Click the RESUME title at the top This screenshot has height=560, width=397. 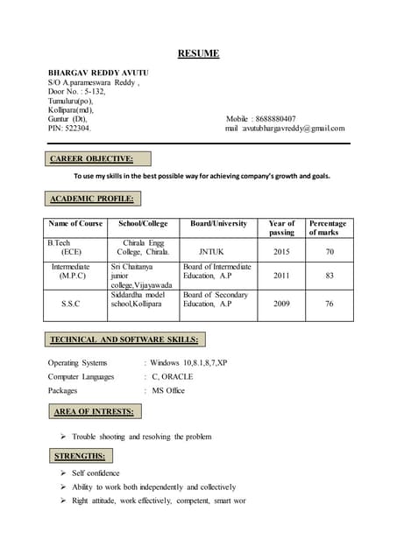point(198,54)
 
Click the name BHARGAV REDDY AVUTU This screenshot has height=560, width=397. point(98,71)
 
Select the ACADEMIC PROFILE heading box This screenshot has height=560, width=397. point(92,199)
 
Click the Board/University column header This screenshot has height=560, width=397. point(218,223)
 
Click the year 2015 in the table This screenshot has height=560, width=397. point(281,251)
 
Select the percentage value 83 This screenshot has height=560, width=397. point(330,275)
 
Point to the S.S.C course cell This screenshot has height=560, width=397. point(71,304)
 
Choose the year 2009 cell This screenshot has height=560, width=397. point(281,304)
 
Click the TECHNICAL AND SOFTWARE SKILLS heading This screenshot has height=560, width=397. point(124,339)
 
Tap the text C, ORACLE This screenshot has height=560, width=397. point(173,376)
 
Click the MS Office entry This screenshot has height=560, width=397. point(168,390)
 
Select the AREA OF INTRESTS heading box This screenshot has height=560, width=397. point(94,411)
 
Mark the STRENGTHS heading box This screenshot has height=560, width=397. point(79,456)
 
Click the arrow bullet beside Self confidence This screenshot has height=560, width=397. point(63,472)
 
